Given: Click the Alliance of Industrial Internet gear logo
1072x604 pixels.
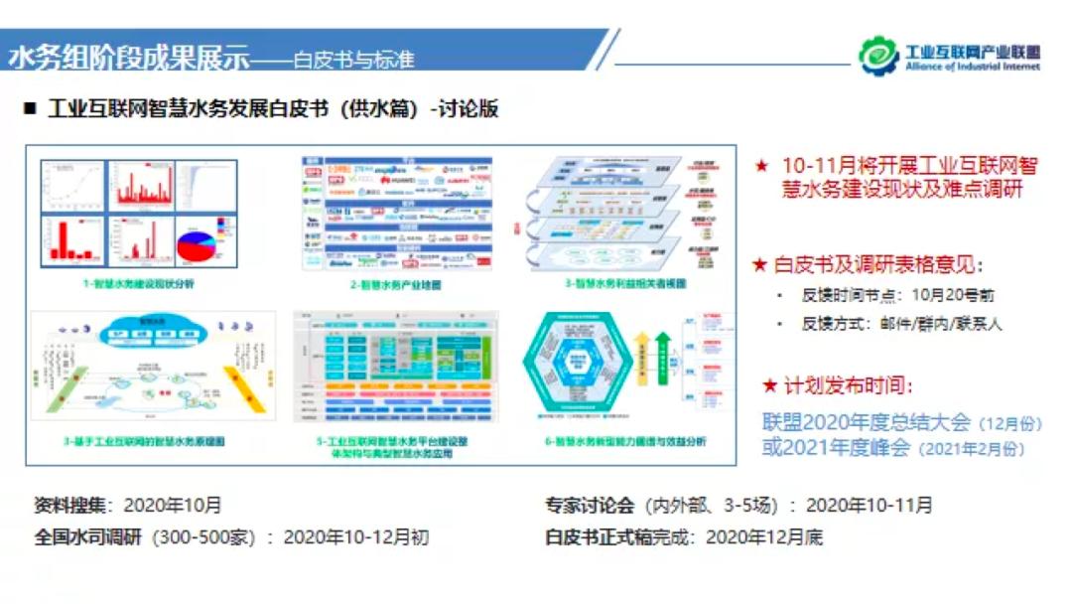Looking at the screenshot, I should pyautogui.click(x=879, y=56).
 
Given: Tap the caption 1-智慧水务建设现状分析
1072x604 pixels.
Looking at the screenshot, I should pyautogui.click(x=138, y=284).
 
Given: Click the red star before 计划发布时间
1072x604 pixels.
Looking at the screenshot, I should pyautogui.click(x=770, y=385).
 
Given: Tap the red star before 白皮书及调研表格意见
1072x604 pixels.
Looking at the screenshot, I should pyautogui.click(x=760, y=265).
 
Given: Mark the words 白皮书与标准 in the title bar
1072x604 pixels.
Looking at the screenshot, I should pyautogui.click(x=353, y=60).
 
